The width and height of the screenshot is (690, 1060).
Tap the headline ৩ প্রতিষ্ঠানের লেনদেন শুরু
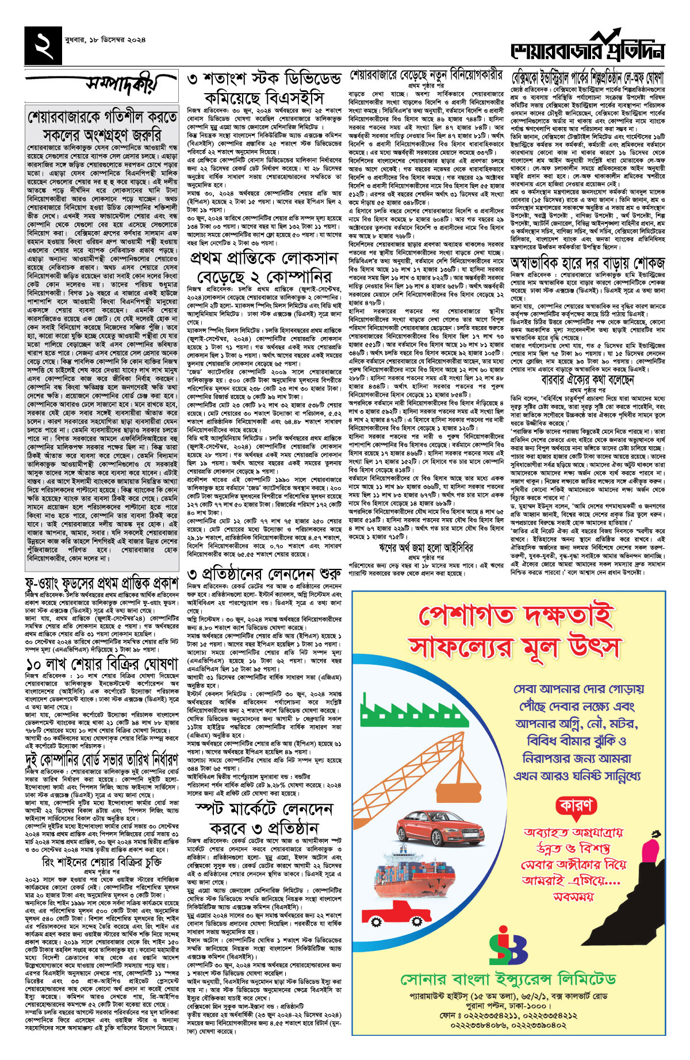coord(264,576)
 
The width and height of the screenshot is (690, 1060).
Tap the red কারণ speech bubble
coord(576,806)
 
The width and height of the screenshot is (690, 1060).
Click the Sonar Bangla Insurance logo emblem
coord(509,946)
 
